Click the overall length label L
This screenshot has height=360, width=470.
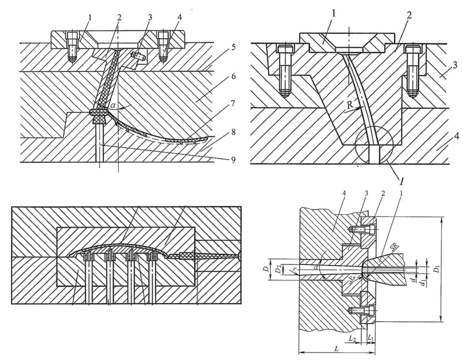coord(337,348)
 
